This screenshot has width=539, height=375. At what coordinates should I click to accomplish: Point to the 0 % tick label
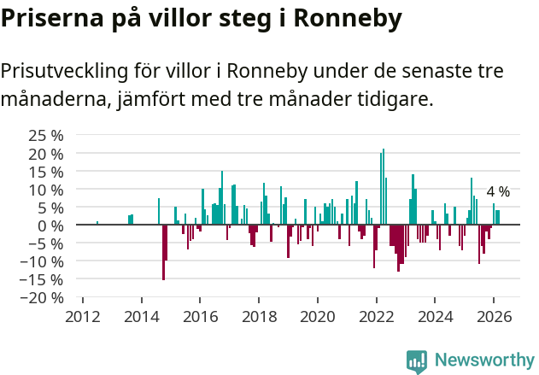(50, 225)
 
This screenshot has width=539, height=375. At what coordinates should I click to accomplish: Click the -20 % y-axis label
(44, 297)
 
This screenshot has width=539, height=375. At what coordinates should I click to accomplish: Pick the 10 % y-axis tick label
(46, 189)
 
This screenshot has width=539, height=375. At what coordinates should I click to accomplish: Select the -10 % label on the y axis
(44, 261)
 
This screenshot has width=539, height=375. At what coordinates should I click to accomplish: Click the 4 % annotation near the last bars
(498, 191)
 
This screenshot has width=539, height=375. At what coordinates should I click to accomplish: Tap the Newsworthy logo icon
(417, 361)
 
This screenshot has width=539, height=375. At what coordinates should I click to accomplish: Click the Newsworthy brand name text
(484, 360)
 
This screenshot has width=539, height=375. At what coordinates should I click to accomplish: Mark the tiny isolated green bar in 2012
(97, 223)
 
